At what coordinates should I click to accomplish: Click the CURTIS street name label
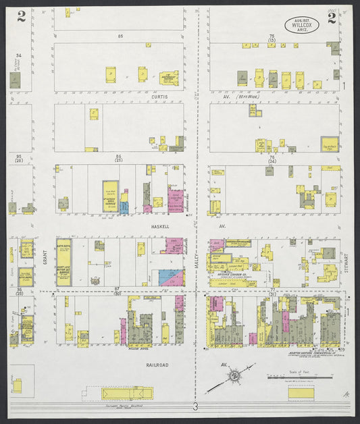tap(159, 97)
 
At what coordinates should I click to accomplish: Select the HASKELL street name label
tap(159, 227)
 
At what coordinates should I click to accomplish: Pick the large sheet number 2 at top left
tap(22, 16)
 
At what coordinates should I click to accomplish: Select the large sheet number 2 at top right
tap(332, 18)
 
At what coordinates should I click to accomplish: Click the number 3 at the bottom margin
tap(195, 406)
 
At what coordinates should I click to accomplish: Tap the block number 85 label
tap(120, 34)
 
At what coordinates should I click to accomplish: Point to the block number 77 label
tap(272, 289)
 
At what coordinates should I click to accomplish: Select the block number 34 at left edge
tap(19, 55)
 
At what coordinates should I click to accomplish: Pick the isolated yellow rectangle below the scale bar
tap(301, 392)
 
